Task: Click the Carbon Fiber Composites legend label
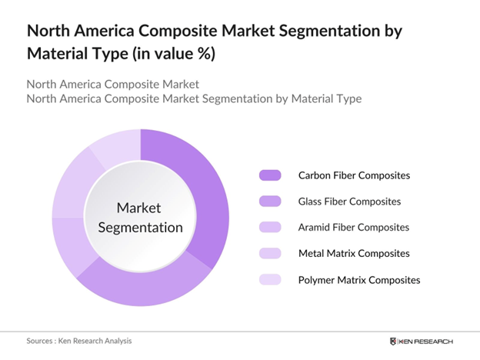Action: tap(354, 175)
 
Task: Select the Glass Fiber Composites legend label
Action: tap(349, 202)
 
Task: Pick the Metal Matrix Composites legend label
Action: tap(354, 253)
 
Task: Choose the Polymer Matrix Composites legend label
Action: tap(359, 279)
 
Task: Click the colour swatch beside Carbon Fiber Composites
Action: tap(270, 175)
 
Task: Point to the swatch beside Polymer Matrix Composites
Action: tap(270, 279)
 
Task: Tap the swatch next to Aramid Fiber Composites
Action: tap(270, 228)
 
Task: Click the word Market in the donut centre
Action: tap(140, 208)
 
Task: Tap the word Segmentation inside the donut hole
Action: tap(140, 227)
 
